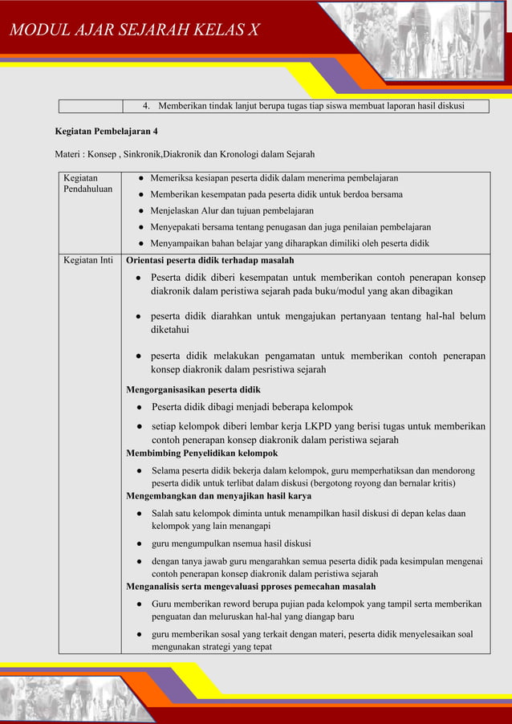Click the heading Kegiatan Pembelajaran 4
[x=106, y=130]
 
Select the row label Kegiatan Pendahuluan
[x=87, y=184]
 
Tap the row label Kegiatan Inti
[x=87, y=260]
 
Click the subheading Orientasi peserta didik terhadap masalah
[x=210, y=260]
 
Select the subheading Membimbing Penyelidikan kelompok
[x=201, y=453]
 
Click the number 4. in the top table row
[x=147, y=106]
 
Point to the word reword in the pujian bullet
[x=238, y=604]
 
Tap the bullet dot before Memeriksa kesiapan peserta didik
[x=140, y=177]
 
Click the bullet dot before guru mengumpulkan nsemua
[x=140, y=543]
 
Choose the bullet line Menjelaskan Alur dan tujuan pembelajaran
[x=231, y=210]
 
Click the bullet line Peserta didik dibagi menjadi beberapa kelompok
[x=252, y=407]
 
